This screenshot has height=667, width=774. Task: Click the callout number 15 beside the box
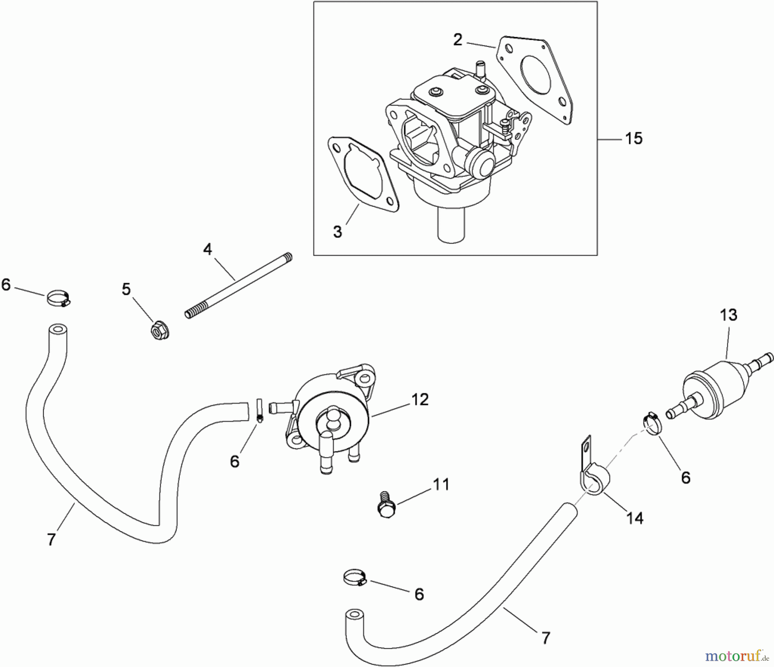pos(633,139)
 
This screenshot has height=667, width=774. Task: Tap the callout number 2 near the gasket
pos(458,40)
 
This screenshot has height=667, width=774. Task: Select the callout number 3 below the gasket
pos(338,232)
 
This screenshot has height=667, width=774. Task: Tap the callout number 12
pos(420,400)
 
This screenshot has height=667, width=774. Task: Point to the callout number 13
pos(728,315)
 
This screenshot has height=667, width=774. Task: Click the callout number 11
pos(440,484)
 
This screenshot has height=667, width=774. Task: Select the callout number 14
pos(635,518)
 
